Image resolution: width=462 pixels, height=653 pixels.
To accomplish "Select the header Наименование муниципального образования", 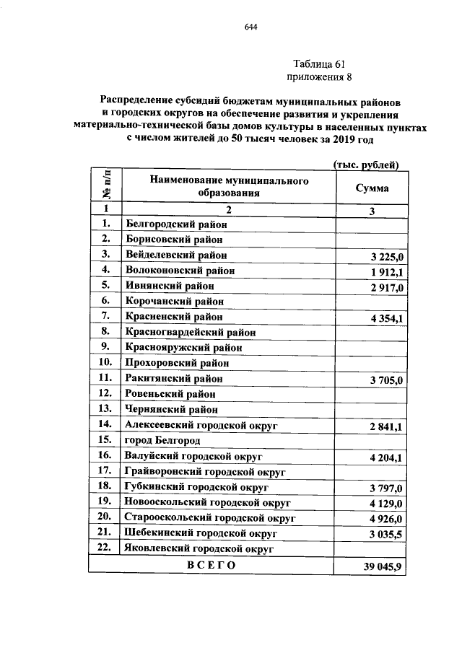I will [x=229, y=187].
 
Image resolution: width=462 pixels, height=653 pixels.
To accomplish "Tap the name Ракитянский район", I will [x=174, y=377].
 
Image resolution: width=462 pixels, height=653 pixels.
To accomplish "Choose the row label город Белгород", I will [x=162, y=439].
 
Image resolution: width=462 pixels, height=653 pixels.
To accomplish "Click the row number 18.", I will [x=105, y=487].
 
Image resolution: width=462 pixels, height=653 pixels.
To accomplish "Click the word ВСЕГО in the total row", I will [x=212, y=566].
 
